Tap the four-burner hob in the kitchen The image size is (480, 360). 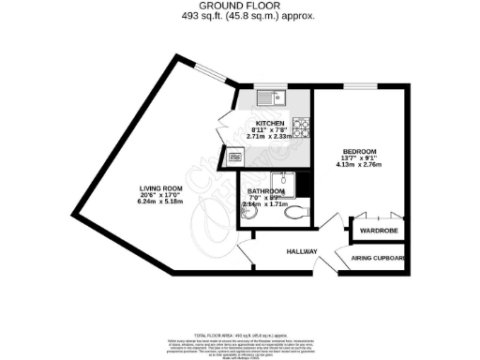click(x=303, y=126)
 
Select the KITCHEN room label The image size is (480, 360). click(x=270, y=122)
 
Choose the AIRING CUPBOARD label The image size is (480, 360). click(x=378, y=257)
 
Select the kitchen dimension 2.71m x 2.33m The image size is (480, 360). click(x=270, y=137)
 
